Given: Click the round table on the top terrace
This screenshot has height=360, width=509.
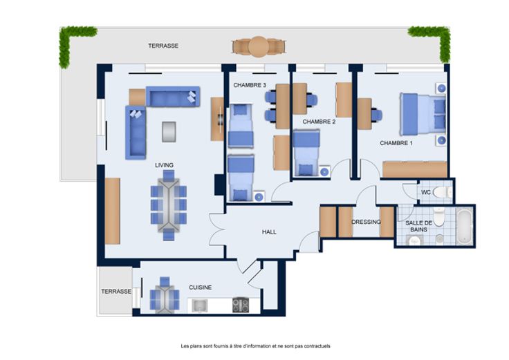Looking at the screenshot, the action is (259, 47).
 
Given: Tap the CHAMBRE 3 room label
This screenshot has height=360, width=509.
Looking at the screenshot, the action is (250, 85).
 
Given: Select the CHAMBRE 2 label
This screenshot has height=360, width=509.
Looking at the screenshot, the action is (319, 122).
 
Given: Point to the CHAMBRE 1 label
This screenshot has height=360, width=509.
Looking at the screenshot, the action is (396, 143).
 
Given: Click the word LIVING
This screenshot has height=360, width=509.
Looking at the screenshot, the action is (164, 165).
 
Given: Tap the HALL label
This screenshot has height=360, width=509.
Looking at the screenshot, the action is (269, 232).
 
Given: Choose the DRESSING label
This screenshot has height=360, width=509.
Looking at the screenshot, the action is (366, 222).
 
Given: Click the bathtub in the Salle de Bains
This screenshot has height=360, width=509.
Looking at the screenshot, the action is (464, 227).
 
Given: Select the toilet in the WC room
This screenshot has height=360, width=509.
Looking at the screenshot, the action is (443, 192).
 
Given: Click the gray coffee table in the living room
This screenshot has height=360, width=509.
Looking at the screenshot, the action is (169, 132).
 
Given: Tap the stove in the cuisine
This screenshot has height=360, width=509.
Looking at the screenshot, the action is (241, 305).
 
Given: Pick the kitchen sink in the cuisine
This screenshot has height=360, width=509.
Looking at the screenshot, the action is (199, 305).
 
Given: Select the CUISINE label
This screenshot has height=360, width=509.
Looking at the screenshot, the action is (201, 287).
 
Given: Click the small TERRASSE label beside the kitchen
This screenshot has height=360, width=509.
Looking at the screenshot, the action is (116, 292).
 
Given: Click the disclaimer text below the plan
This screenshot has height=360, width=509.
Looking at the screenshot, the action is (255, 346).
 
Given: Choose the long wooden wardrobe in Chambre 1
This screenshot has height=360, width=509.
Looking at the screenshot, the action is (415, 169).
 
